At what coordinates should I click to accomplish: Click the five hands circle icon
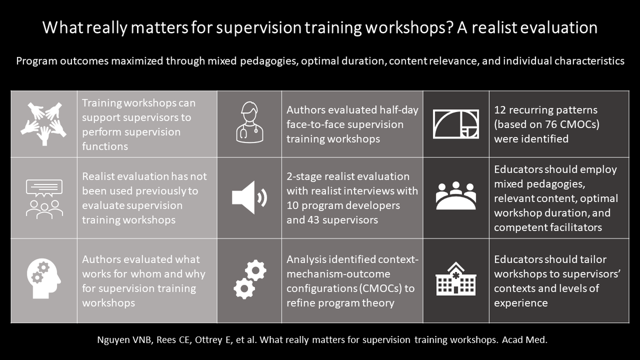(x=44, y=124)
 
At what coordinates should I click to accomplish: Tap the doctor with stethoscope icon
(x=250, y=122)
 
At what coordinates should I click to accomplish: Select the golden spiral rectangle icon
(x=455, y=124)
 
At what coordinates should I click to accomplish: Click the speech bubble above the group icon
(x=44, y=188)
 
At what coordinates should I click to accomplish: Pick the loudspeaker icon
(x=249, y=197)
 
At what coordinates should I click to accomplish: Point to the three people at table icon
(x=455, y=196)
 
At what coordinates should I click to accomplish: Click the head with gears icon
(x=44, y=278)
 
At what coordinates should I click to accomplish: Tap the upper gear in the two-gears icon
(x=255, y=270)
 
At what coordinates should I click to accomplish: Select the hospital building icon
(x=455, y=278)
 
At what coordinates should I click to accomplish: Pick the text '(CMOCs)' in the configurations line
(x=380, y=289)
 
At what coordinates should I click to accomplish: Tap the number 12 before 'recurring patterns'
(x=500, y=110)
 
